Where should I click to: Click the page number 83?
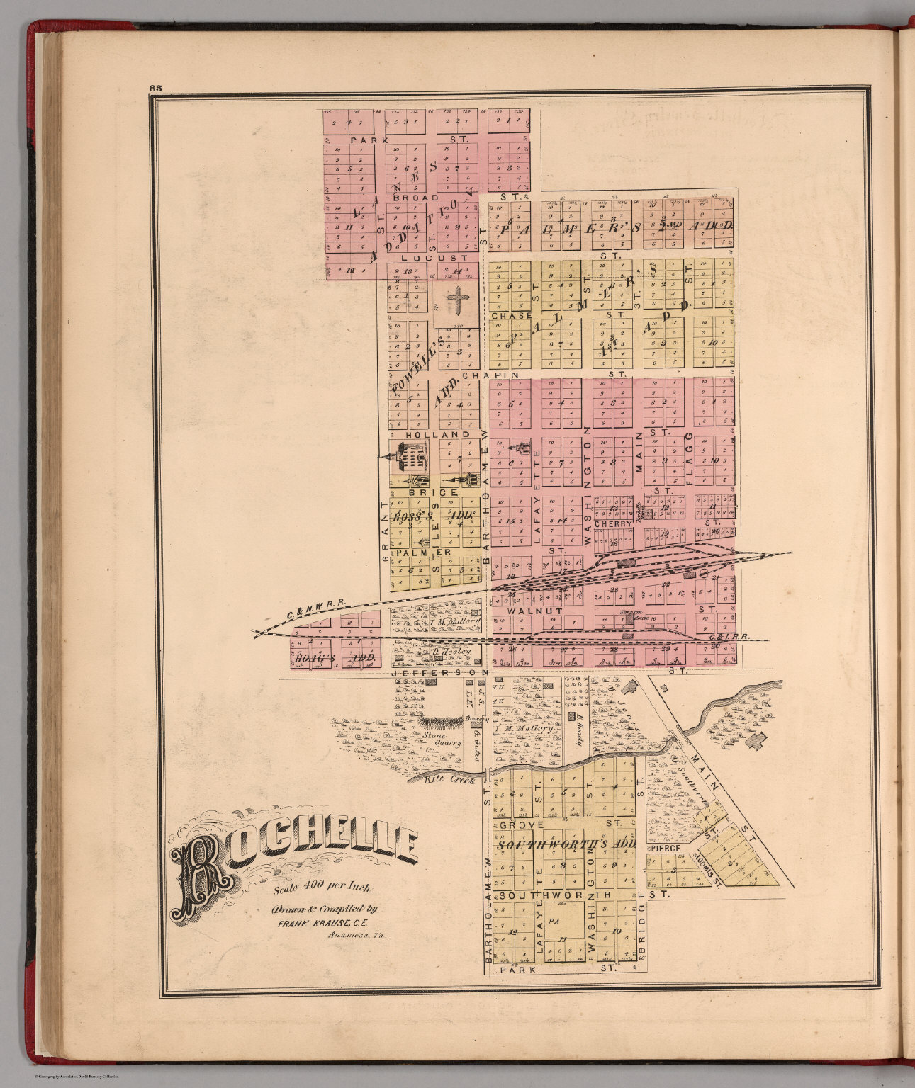[156, 88]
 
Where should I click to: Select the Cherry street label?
[614, 523]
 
